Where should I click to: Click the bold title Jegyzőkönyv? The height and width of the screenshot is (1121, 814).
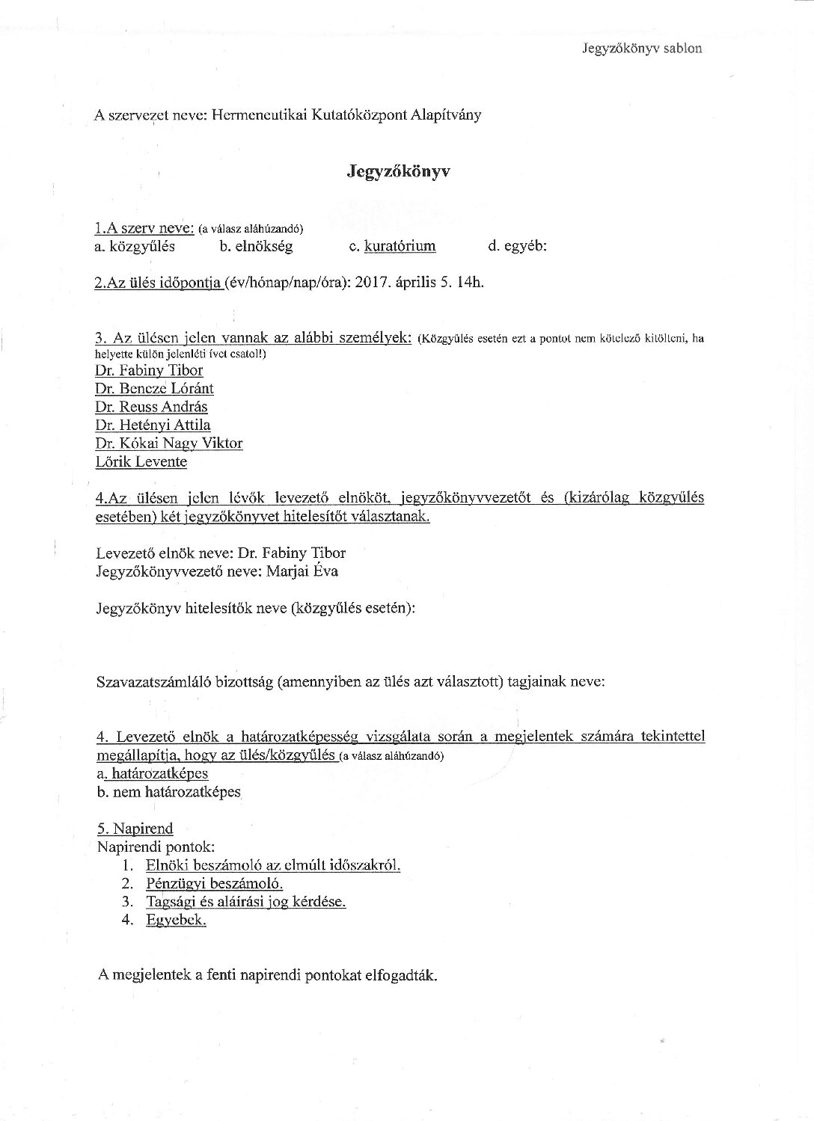click(398, 172)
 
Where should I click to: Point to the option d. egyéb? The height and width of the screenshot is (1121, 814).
click(517, 246)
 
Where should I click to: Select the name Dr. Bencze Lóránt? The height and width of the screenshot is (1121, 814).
click(154, 389)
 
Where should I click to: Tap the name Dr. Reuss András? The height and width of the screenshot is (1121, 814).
click(151, 407)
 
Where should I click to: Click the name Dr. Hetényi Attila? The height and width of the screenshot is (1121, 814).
click(153, 426)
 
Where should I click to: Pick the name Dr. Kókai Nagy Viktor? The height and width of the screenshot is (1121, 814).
click(168, 443)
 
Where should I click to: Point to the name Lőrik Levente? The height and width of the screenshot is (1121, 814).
click(141, 462)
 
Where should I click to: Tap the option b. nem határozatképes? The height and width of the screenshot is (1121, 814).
click(168, 792)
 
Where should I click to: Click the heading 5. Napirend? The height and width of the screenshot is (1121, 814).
click(135, 829)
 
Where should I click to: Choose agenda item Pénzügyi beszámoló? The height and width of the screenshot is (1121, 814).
click(203, 884)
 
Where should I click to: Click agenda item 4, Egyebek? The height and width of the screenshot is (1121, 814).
click(176, 920)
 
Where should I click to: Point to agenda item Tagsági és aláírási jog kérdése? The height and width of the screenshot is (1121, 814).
click(246, 902)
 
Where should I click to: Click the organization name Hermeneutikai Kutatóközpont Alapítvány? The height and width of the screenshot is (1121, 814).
click(346, 115)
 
